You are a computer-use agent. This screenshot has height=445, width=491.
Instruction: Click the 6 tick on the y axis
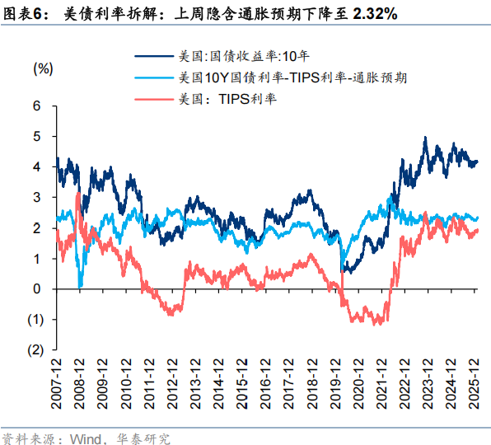coord(37,105)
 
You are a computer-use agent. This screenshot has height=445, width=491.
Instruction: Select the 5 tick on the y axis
coord(37,136)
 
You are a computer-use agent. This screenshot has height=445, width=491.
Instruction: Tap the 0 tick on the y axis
coord(37,288)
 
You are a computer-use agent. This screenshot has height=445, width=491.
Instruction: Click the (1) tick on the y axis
coord(35,319)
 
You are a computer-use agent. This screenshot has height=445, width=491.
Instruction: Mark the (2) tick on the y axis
coord(35,349)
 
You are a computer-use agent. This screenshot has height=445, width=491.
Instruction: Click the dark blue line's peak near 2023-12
coord(425,138)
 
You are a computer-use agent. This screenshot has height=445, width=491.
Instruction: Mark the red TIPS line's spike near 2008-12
coord(77,194)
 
